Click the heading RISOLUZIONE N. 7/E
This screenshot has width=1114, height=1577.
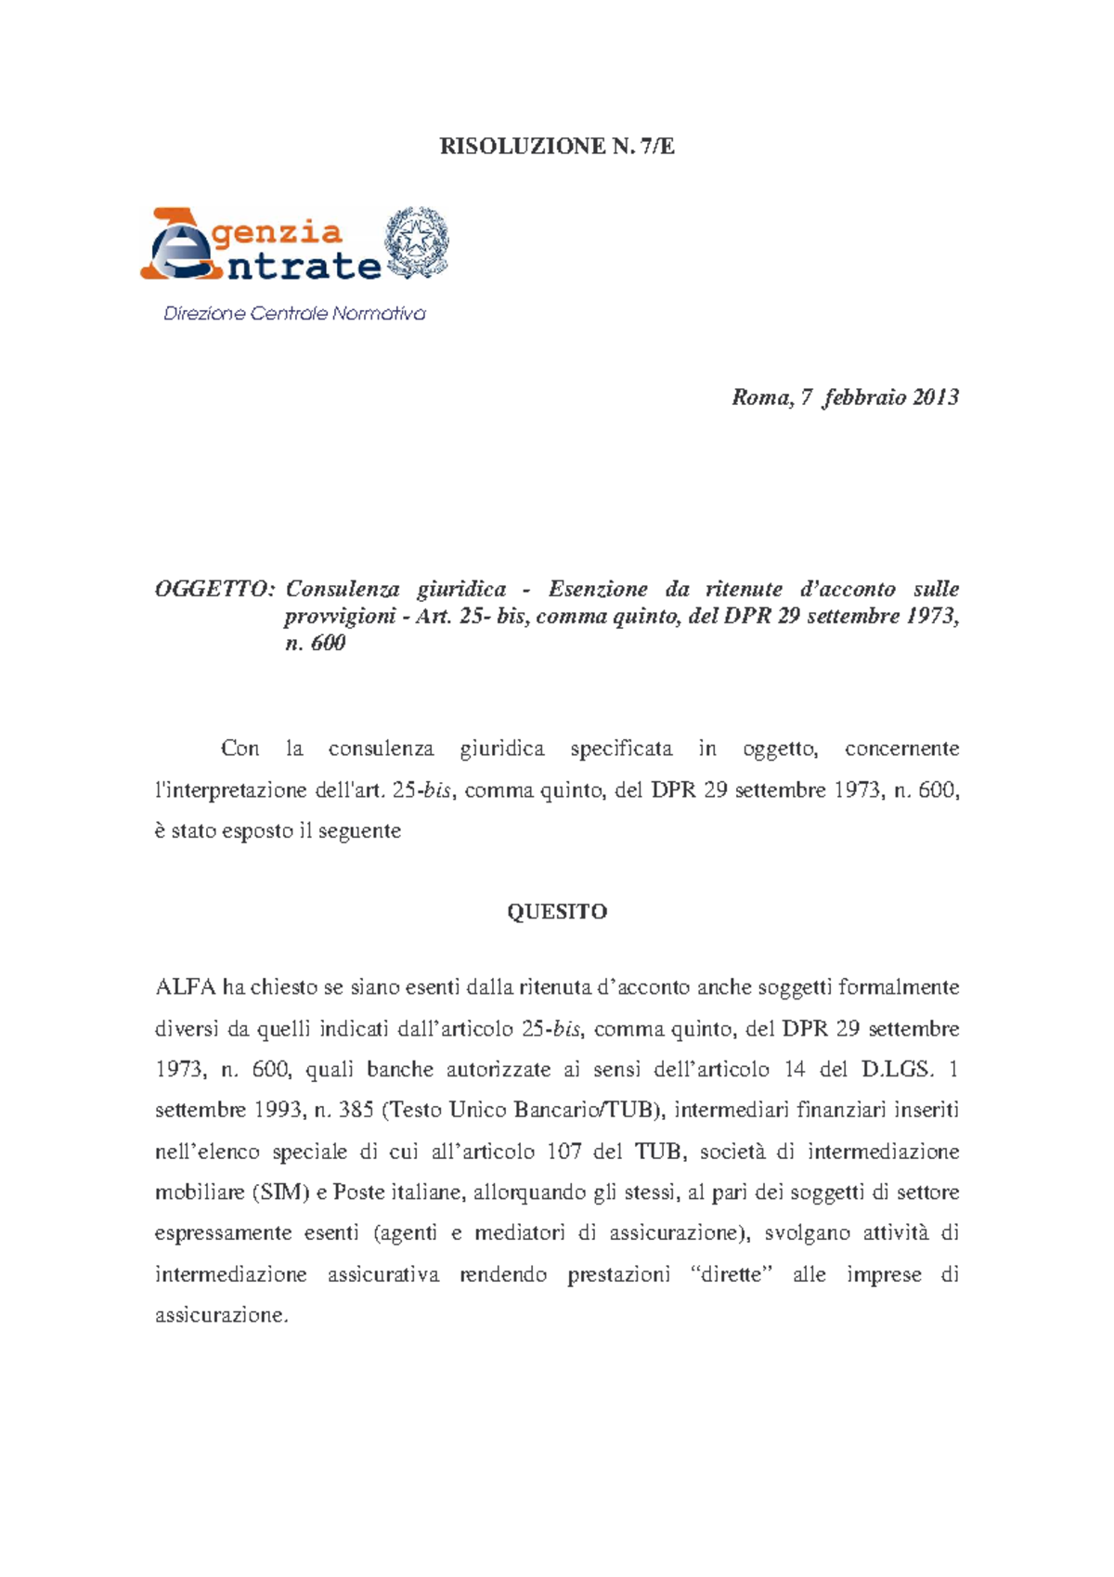pos(557,146)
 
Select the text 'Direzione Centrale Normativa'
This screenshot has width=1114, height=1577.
pos(294,314)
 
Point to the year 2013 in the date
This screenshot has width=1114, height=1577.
pos(935,398)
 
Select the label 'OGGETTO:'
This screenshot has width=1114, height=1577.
pos(214,589)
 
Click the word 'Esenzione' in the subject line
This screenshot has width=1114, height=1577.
pos(598,589)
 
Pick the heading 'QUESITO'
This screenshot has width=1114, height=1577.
pos(557,912)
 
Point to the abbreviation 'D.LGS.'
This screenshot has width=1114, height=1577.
pos(896,1069)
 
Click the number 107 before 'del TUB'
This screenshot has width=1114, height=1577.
pos(563,1152)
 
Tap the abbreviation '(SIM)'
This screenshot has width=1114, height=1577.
pos(282,1193)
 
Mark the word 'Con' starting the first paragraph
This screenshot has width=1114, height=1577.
pos(240,749)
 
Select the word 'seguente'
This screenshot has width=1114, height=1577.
pos(359,831)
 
